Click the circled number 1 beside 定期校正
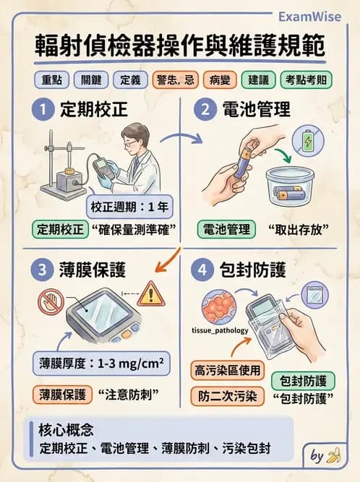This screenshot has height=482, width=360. pyautogui.click(x=44, y=110)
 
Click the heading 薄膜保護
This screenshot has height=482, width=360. pyautogui.click(x=95, y=270)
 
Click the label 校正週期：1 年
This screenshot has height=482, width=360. pyautogui.click(x=130, y=207)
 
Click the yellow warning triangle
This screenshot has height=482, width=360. pyautogui.click(x=151, y=293)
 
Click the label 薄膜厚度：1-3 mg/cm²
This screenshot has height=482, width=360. pyautogui.click(x=100, y=363)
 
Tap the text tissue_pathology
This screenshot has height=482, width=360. pyautogui.click(x=220, y=332)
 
